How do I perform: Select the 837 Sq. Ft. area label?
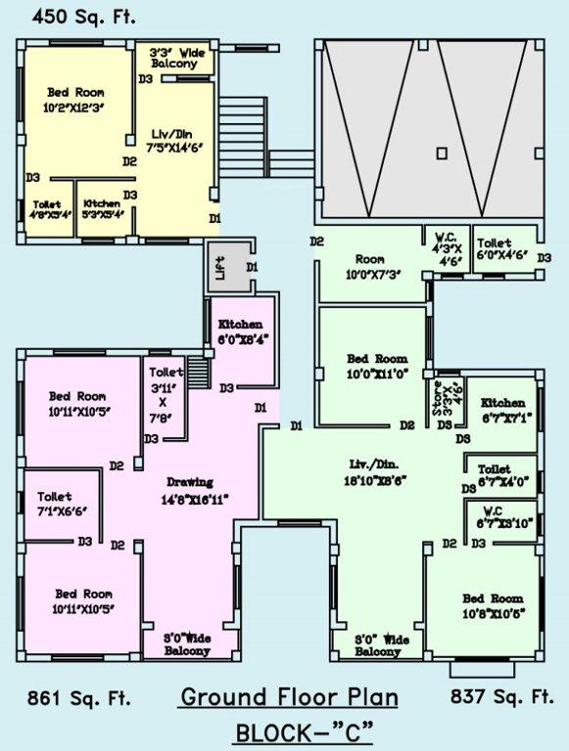pyautogui.click(x=501, y=697)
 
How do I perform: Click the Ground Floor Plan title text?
pyautogui.click(x=288, y=697)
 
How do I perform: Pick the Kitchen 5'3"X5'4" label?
pyautogui.click(x=102, y=208)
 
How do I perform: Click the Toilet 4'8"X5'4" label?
pyautogui.click(x=46, y=209)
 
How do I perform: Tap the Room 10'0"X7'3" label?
pyautogui.click(x=369, y=267)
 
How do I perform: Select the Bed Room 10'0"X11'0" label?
pyautogui.click(x=377, y=367)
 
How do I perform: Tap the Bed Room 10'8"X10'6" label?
pyautogui.click(x=493, y=606)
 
